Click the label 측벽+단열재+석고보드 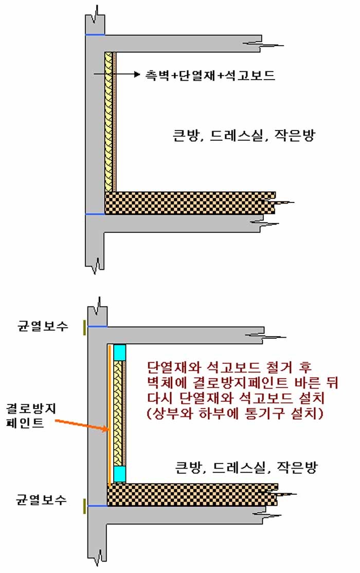[x=210, y=75]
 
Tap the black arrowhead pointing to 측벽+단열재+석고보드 [x=137, y=75]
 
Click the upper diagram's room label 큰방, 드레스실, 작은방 [x=244, y=135]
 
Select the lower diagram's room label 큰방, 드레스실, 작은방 [x=246, y=467]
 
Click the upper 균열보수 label [x=43, y=326]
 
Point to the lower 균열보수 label [x=41, y=500]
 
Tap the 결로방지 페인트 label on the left [x=31, y=416]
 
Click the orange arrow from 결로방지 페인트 [x=82, y=426]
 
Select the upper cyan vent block [x=120, y=352]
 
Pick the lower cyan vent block [x=120, y=474]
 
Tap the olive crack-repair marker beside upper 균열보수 [x=84, y=327]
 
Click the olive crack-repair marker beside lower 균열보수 [x=84, y=506]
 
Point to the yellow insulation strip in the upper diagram [x=109, y=122]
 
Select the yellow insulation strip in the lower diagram [x=118, y=413]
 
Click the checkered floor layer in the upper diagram [x=190, y=203]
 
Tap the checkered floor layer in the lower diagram [x=192, y=495]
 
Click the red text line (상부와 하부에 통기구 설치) [x=235, y=413]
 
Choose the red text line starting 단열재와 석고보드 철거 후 [x=229, y=366]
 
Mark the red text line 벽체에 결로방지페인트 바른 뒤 [x=243, y=382]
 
